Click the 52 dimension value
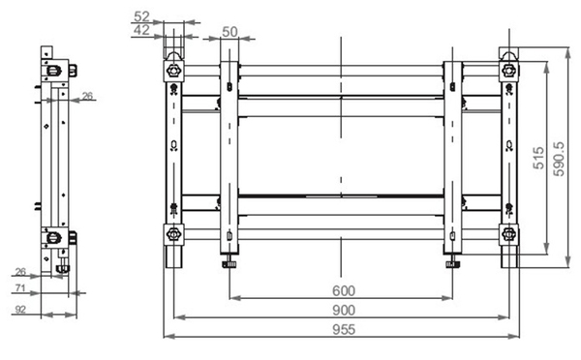point(141,16)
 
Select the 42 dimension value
point(141,31)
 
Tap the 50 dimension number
point(229,31)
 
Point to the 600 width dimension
point(343,290)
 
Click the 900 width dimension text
point(343,310)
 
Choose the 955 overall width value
point(343,330)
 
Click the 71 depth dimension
point(19,288)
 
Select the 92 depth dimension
point(19,310)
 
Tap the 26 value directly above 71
point(19,272)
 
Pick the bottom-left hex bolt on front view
point(173,234)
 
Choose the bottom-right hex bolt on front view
point(508,234)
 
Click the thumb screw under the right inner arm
point(452,262)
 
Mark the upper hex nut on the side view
point(54,70)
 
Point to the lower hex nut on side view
point(54,236)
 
